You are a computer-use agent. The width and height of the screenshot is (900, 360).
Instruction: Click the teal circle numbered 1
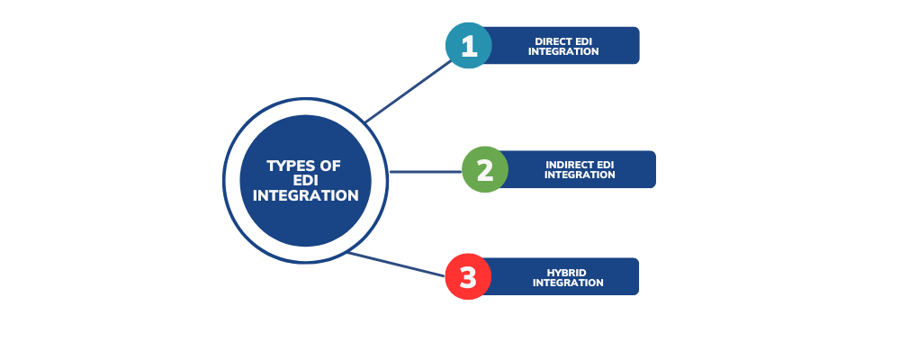[469, 45]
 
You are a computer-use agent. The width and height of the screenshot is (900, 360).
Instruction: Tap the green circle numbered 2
[485, 169]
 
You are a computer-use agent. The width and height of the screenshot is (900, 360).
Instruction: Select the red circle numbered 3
[468, 276]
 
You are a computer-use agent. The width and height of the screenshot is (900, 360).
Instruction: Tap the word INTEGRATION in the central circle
[306, 195]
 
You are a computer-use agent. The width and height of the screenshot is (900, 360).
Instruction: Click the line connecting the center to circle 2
[425, 171]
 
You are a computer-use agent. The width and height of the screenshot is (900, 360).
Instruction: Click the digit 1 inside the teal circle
[469, 45]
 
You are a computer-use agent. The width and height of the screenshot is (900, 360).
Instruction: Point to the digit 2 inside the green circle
[485, 169]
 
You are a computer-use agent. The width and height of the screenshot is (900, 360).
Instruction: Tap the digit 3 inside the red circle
[468, 277]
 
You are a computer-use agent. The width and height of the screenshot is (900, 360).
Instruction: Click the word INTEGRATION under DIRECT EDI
[563, 51]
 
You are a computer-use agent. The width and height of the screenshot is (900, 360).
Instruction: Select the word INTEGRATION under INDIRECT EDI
[580, 175]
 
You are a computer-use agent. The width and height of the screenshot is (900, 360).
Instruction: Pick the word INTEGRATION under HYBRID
[568, 283]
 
